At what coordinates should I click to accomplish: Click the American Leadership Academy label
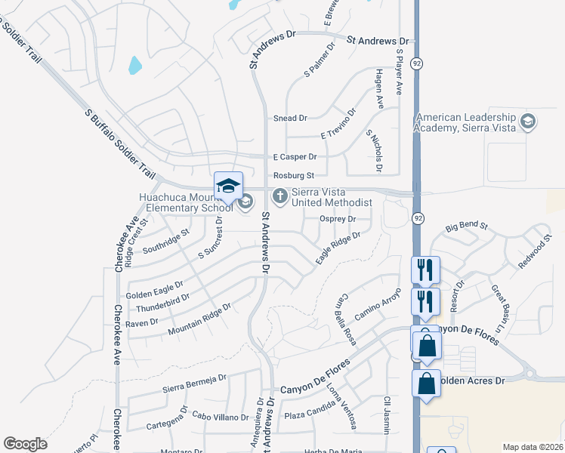465,123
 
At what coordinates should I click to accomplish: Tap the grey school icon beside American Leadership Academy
528,122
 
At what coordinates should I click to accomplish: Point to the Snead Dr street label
290,119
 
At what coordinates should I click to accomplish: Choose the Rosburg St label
294,175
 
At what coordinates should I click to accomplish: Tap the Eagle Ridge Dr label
338,248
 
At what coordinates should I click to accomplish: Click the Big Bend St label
468,226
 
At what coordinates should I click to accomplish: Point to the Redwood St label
532,254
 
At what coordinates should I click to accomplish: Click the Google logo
25,444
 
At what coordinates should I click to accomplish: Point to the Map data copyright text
533,447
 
